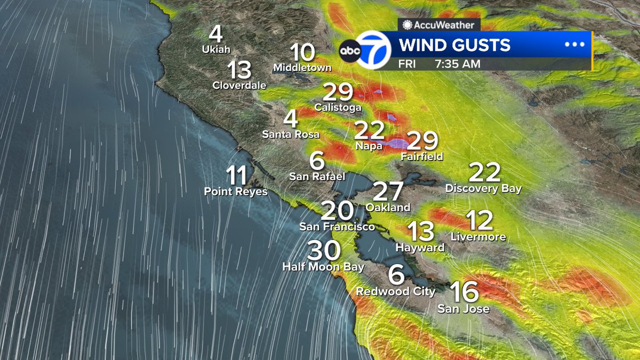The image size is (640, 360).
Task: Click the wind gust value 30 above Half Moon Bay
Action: click(x=324, y=250)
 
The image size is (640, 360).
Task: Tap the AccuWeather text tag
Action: click(x=439, y=25)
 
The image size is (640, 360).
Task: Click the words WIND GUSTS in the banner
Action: click(x=454, y=45)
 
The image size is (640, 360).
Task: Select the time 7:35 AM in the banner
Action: click(x=457, y=64)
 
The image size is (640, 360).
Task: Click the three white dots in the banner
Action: click(x=574, y=44)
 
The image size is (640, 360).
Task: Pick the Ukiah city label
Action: click(x=216, y=50)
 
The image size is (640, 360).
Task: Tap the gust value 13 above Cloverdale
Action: click(x=239, y=70)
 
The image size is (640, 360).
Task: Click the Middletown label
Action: click(x=302, y=68)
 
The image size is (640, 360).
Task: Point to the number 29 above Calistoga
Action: click(x=338, y=93)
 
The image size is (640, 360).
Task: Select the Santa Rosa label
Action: click(x=291, y=134)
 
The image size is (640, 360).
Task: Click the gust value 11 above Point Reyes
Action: click(x=236, y=175)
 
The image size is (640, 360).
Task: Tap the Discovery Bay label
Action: click(x=483, y=188)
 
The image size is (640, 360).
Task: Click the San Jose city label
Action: click(x=463, y=308)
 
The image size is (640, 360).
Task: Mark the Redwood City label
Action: click(x=396, y=291)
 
